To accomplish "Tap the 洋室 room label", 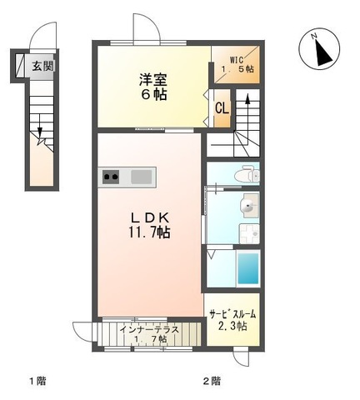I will (152, 79).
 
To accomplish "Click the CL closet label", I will (222, 108).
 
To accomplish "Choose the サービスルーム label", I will (232, 314).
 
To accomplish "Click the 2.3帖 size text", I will (232, 327).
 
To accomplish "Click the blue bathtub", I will (248, 268).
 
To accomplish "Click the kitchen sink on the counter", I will (141, 176).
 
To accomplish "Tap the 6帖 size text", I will (152, 95).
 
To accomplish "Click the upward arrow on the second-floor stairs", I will (247, 107).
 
